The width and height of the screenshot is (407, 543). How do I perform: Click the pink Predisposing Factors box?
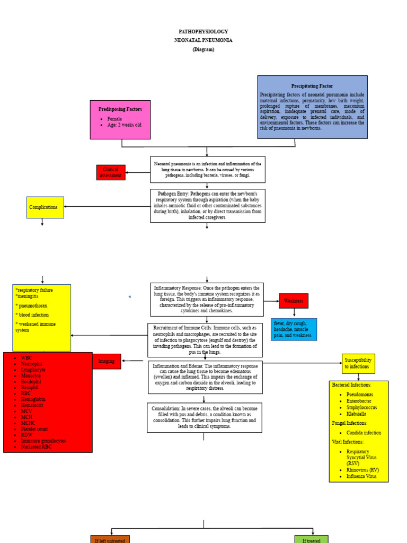(x=120, y=119)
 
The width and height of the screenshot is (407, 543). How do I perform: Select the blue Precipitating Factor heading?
(x=312, y=86)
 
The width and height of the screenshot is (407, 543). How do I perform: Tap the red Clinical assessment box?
(x=111, y=172)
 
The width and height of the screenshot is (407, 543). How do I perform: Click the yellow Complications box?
(x=45, y=207)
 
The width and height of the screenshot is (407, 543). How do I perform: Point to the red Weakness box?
(x=293, y=301)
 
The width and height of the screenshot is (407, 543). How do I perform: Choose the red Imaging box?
(x=107, y=361)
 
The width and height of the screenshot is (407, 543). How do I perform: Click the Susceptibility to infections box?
(x=358, y=363)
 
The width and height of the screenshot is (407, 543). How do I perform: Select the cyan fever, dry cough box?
(x=294, y=329)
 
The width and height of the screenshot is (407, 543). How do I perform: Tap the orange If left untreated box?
(x=110, y=539)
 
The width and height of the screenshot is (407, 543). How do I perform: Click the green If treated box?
(x=311, y=539)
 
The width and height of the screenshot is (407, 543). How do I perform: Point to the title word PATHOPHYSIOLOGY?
(x=203, y=32)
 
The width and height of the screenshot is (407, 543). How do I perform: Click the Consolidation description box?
(x=204, y=417)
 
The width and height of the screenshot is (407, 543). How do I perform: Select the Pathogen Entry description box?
(x=207, y=206)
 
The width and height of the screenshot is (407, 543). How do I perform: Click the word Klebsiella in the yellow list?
(x=360, y=414)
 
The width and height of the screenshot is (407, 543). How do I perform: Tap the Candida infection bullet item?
(x=364, y=433)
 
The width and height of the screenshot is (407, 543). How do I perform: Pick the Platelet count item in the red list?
(x=34, y=429)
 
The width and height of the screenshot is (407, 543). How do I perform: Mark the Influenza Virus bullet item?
(x=361, y=476)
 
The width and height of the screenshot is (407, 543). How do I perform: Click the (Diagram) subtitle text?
(x=203, y=49)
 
